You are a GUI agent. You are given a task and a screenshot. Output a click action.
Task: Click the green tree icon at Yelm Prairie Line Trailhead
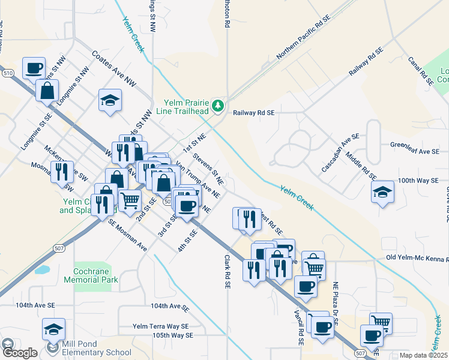click(x=218, y=106)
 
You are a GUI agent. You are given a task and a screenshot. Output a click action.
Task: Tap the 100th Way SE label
click(x=418, y=180)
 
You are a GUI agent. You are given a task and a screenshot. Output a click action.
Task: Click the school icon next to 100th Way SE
click(x=382, y=193)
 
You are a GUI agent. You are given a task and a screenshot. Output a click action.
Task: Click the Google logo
click(x=19, y=353)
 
